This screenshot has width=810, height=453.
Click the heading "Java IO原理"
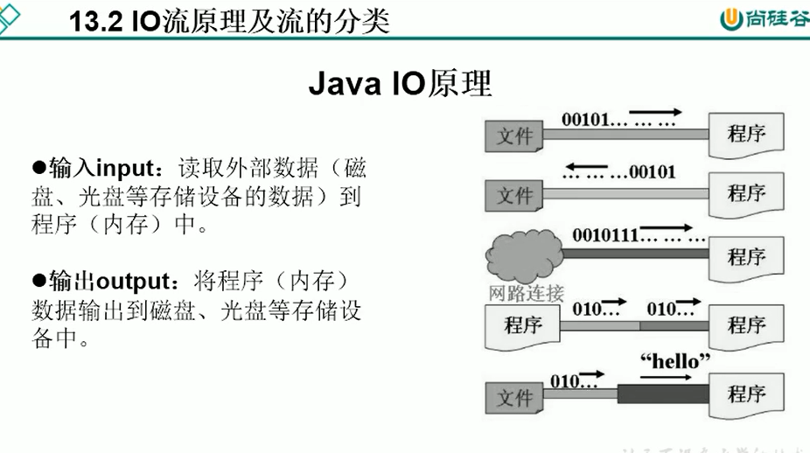point(401,84)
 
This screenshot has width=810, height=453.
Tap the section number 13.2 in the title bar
point(101,21)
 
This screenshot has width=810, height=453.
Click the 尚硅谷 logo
point(758,19)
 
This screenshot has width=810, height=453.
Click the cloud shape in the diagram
point(522,253)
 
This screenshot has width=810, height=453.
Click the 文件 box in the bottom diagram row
point(514,398)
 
